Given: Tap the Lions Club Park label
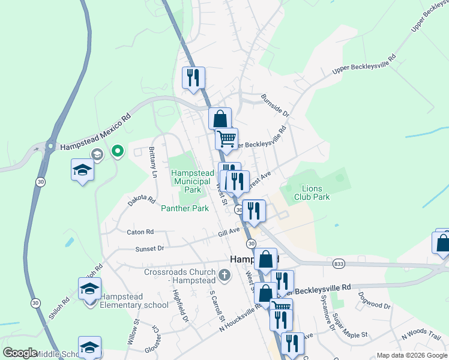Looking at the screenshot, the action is coord(312,192).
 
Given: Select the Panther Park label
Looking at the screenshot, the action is coord(185,208).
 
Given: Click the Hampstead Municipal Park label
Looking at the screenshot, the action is coord(191,181).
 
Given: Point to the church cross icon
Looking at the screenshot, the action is coord(224,275).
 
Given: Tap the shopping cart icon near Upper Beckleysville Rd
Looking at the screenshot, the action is coord(226,139).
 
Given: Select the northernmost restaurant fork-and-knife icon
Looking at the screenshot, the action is coord(193,77).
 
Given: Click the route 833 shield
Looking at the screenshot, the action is coord(339,263).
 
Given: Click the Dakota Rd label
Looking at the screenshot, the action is coord(141,199).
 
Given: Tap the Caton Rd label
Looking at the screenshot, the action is coord(140,232).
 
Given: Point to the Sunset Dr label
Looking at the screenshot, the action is coord(149,248).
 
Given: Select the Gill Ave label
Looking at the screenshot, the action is coord(229,230).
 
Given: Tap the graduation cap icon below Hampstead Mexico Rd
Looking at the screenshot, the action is coord(82,169).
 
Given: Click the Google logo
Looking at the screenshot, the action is coord(20,353).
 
